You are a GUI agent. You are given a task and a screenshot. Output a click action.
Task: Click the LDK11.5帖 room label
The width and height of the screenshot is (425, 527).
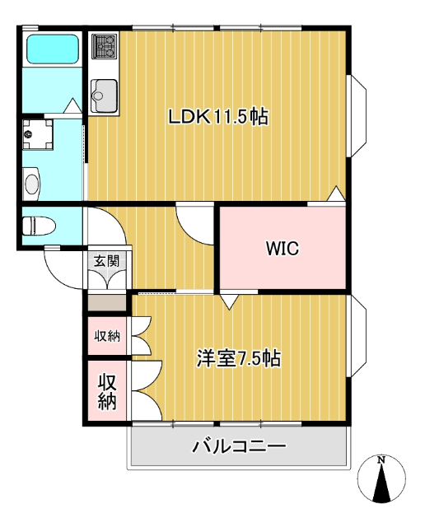click(217, 117)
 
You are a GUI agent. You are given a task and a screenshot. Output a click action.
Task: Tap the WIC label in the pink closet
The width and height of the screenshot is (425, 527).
click(282, 248)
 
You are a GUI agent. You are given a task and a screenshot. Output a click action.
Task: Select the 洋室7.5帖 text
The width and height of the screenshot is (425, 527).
click(238, 358)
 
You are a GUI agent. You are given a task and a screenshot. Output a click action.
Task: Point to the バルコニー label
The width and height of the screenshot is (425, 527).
click(239, 447)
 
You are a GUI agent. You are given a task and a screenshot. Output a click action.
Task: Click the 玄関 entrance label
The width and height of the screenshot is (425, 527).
click(106, 261)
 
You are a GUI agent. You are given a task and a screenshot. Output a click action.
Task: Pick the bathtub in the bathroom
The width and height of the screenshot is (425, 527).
click(52, 49)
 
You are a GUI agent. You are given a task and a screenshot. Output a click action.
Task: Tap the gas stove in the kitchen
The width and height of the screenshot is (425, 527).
click(104, 46)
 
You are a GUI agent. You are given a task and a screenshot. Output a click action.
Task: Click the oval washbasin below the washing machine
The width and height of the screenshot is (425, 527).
click(32, 182)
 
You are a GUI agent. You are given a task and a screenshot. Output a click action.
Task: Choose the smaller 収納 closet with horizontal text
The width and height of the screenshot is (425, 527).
click(107, 335)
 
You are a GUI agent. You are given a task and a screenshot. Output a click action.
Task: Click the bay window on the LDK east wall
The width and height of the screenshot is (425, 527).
click(357, 116)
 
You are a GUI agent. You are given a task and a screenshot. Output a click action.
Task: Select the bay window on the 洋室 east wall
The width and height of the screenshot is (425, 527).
click(357, 337)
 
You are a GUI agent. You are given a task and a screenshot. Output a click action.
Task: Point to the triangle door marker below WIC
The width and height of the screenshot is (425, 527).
click(228, 301)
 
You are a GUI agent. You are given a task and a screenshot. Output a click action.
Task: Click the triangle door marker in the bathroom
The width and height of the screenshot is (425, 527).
click(72, 106)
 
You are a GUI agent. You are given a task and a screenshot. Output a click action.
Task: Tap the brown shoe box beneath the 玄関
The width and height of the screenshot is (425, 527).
click(107, 302)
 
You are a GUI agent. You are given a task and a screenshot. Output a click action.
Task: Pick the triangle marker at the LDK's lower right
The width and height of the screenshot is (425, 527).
click(336, 194)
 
